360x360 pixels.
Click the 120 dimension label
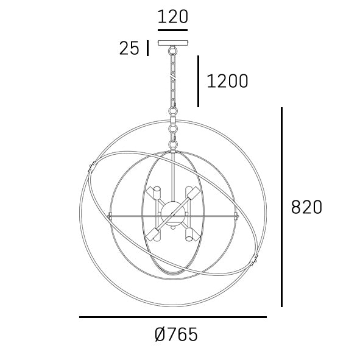click(x=173, y=16)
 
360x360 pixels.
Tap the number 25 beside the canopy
click(x=129, y=49)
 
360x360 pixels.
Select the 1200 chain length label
click(x=228, y=81)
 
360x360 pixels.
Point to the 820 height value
click(x=306, y=207)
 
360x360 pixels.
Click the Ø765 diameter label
click(x=176, y=334)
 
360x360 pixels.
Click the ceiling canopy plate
click(x=173, y=43)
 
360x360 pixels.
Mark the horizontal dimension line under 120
click(x=173, y=29)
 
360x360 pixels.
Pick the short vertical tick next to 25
click(x=147, y=48)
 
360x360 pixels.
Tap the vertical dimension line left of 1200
click(x=198, y=81)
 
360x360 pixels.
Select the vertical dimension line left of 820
click(x=282, y=207)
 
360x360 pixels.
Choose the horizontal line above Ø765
click(x=173, y=317)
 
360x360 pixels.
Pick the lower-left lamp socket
click(x=155, y=235)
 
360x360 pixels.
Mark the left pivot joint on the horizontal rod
click(x=110, y=216)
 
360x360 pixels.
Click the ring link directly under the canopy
click(x=173, y=51)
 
